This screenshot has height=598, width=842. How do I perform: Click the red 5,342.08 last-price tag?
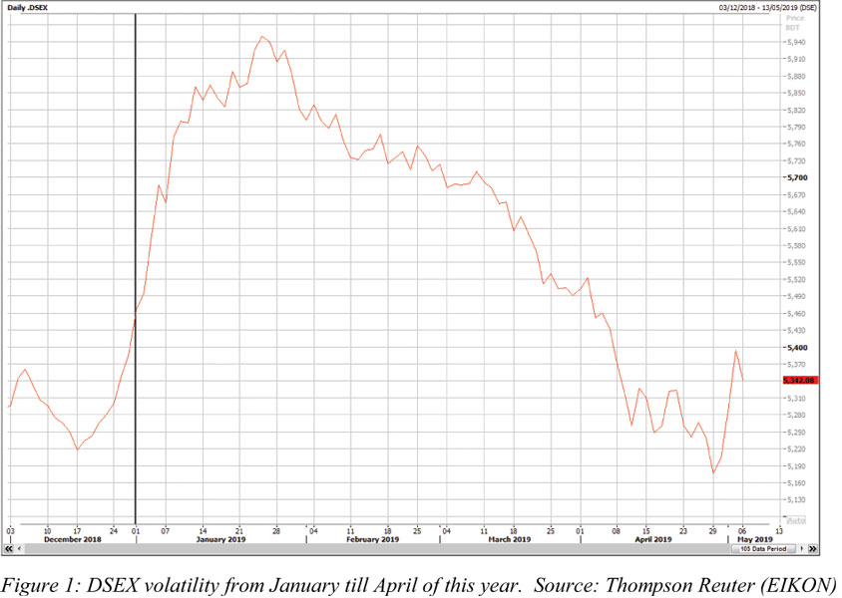(800, 381)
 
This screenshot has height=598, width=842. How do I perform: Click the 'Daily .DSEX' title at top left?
(29, 7)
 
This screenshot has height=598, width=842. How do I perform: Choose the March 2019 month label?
(509, 539)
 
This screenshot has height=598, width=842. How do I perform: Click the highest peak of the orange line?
(261, 37)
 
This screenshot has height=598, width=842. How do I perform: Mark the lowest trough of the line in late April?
(713, 472)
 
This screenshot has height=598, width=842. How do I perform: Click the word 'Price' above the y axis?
(795, 19)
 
